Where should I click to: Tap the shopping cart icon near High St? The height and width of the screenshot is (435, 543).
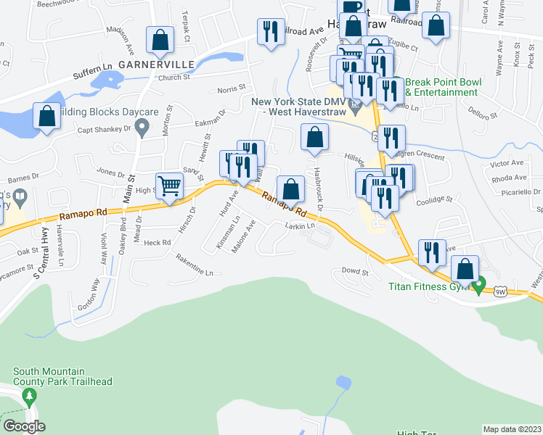169,186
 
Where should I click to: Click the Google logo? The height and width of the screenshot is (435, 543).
23,426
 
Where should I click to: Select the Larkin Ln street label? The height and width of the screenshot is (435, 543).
300,227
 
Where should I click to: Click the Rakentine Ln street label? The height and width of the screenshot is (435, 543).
195,271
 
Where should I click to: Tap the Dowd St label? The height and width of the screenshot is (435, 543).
356,271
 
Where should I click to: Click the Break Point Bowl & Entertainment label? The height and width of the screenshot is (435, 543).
441,88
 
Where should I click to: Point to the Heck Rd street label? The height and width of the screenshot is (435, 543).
157,242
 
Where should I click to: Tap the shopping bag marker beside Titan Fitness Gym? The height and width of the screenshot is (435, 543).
464,270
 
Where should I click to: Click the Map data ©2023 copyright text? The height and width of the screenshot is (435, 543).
513,429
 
